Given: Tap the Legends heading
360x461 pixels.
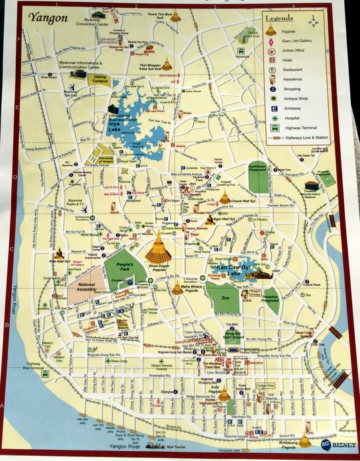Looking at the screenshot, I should point(279,18).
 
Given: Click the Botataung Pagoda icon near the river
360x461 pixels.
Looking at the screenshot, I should point(305,439).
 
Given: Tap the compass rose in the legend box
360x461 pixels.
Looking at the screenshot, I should point(315,20).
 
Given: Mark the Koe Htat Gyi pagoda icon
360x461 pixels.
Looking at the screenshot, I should point(60,253).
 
